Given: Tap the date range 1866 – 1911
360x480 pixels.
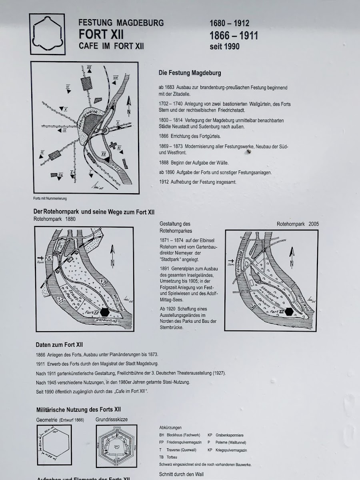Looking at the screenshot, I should coord(234,36).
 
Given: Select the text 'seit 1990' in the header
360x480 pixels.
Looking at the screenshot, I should coord(224,46).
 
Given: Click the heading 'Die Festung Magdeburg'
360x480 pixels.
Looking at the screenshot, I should coord(190,73).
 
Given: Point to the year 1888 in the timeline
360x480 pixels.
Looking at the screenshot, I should coord(164,163).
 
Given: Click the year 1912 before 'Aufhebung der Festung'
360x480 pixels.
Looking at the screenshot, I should coord(164,182).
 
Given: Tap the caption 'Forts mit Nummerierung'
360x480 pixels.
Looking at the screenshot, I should coord(50,199).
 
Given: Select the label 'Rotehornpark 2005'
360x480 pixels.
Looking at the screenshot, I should coord(298,224).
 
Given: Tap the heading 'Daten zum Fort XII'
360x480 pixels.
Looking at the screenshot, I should coord(59,345).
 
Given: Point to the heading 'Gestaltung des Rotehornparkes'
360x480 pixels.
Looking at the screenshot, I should coord(175,227).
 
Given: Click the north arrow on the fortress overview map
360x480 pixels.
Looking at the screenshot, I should coord(128,107).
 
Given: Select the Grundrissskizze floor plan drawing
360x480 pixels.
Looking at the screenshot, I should coord(116,446).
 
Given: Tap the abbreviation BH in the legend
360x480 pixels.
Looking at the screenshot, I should coord(162,435).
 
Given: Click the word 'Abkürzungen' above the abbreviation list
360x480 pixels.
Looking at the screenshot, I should coord(170,428).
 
